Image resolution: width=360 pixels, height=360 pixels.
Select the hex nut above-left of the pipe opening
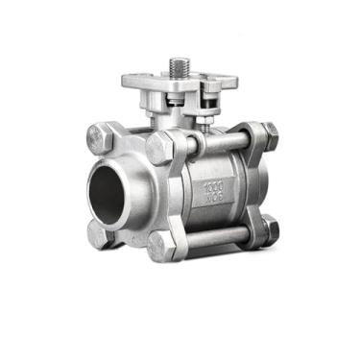tap(101, 135)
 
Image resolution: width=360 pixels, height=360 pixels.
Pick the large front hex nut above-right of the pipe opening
tap(159, 149)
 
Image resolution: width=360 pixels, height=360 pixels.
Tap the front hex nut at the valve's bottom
tap(163, 247)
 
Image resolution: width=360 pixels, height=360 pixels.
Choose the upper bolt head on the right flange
tap(270, 135)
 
